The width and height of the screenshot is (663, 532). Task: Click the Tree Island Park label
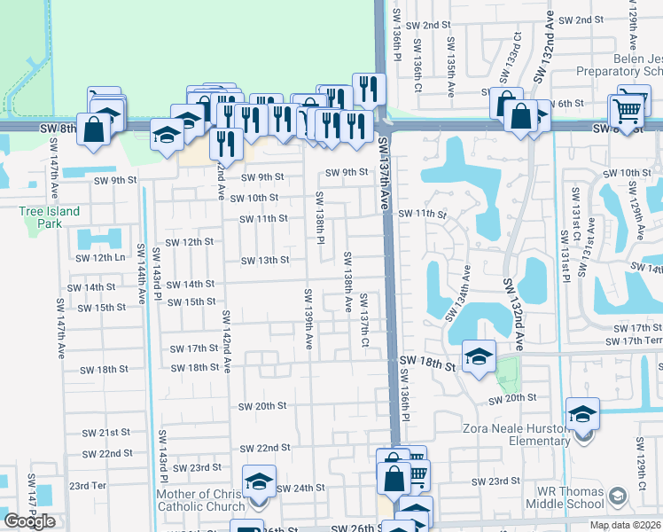tap(49, 217)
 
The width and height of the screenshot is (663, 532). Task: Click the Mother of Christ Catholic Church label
tap(200, 501)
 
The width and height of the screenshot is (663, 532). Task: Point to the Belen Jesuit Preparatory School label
tap(619, 64)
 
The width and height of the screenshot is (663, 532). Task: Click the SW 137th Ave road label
tap(385, 174)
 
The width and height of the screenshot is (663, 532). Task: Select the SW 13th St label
tap(266, 260)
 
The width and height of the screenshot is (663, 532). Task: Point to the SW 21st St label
tap(106, 433)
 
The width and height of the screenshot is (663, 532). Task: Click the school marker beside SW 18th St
tap(479, 357)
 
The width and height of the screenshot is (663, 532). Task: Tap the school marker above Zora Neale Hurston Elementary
tap(583, 413)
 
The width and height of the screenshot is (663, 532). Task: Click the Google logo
tap(30, 520)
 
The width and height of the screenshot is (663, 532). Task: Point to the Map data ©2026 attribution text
tap(625, 525)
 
